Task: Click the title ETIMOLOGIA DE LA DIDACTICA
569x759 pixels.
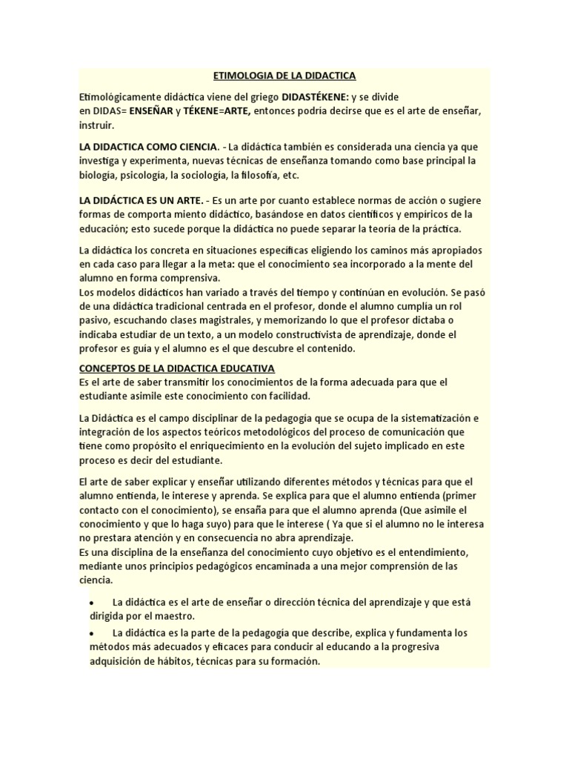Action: tap(284, 76)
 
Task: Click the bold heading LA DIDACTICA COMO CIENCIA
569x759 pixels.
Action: tap(148, 146)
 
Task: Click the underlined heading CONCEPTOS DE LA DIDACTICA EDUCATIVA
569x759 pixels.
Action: tap(177, 368)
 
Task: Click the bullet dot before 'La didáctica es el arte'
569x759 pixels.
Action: tap(91, 603)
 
